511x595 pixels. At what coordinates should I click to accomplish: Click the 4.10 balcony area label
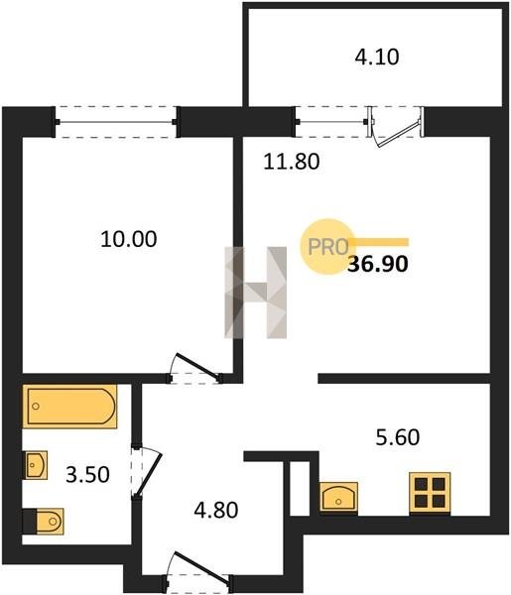[377, 58]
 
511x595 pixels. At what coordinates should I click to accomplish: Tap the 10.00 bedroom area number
[129, 239]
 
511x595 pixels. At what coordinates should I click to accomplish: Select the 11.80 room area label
[292, 162]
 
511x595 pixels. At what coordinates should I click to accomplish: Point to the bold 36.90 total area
[378, 264]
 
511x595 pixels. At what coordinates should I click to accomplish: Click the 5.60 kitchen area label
[398, 436]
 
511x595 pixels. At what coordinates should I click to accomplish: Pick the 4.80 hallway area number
[216, 510]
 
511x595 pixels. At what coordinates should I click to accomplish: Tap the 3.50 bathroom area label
[87, 474]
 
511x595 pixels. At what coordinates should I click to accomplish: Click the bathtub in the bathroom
[69, 407]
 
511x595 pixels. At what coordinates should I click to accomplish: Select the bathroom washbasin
[37, 465]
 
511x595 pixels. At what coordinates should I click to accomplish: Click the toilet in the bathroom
[43, 522]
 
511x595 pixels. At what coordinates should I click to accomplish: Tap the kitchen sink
[338, 498]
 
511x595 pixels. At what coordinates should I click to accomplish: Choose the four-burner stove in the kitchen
[430, 493]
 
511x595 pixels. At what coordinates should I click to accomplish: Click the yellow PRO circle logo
[327, 247]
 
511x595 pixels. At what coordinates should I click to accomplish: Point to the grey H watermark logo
[256, 293]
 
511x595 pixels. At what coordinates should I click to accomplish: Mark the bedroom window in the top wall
[116, 122]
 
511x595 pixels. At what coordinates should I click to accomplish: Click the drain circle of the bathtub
[36, 407]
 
